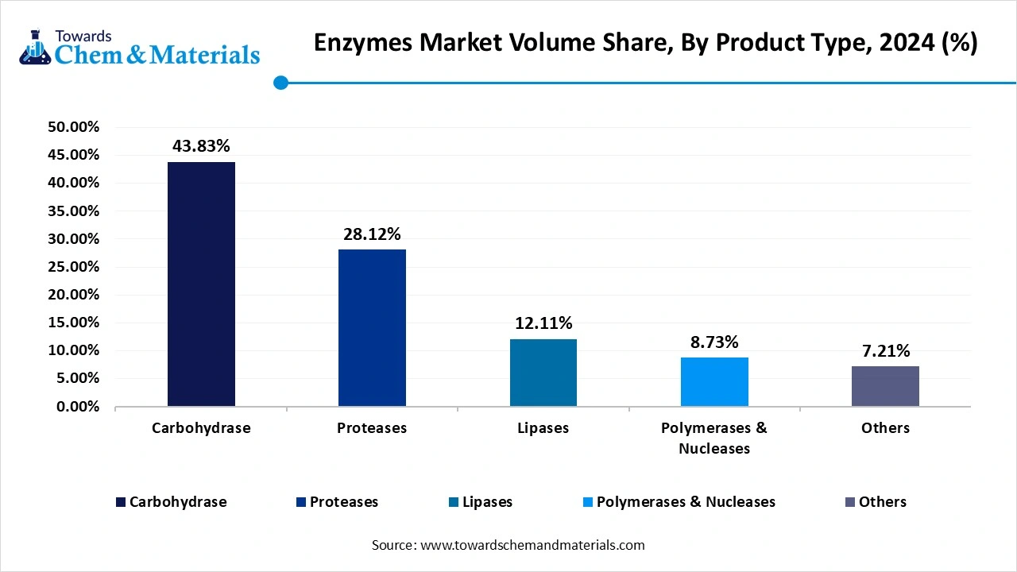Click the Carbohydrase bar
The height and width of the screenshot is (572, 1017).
click(x=201, y=284)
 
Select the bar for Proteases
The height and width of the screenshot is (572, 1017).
click(x=372, y=327)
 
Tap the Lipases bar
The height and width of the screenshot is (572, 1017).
click(x=543, y=373)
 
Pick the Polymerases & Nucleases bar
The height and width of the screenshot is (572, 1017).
click(x=714, y=382)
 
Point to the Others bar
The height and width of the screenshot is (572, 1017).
click(x=885, y=386)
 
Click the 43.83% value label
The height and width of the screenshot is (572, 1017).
click(x=201, y=146)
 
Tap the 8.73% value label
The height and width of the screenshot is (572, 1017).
click(x=714, y=342)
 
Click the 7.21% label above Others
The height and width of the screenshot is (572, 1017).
click(x=885, y=351)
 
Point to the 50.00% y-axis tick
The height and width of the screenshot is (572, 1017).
click(x=74, y=127)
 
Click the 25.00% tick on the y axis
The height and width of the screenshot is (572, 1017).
click(x=74, y=267)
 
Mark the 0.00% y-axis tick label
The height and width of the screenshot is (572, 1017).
click(x=77, y=407)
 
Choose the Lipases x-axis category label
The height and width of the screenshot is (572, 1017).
click(x=543, y=428)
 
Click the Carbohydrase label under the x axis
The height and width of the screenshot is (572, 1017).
click(x=201, y=428)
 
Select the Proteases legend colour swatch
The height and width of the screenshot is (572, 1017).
click(x=300, y=502)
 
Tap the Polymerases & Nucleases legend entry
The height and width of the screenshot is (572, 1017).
click(x=686, y=502)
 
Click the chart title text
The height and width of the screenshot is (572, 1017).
click(x=645, y=43)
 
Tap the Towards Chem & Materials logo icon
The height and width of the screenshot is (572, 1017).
click(x=33, y=48)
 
